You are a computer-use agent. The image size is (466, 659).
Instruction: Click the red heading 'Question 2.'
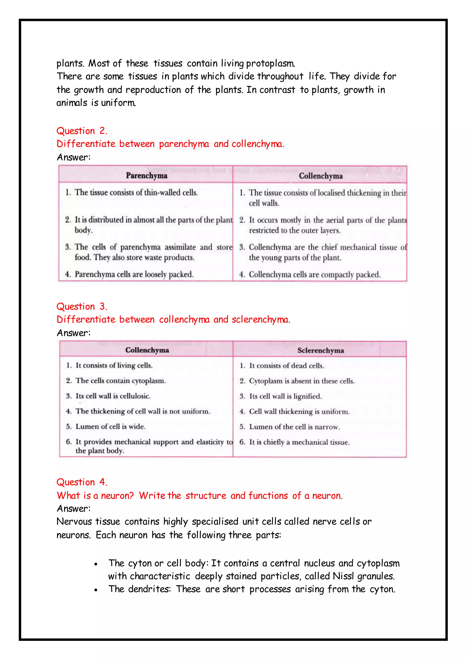pyautogui.click(x=82, y=131)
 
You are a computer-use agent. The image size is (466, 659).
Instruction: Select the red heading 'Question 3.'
pyautogui.click(x=82, y=307)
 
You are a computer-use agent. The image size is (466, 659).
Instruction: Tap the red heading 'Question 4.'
pyautogui.click(x=82, y=482)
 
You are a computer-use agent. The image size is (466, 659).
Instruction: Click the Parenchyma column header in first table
pyautogui.click(x=146, y=176)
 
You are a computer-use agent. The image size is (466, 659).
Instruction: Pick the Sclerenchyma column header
pyautogui.click(x=321, y=350)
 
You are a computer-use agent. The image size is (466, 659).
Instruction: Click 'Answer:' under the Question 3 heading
pyautogui.click(x=73, y=333)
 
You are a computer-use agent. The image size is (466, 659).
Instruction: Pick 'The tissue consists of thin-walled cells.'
pyautogui.click(x=136, y=193)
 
